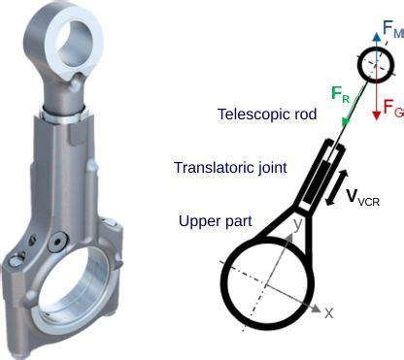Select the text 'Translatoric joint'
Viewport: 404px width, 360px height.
pyautogui.click(x=229, y=167)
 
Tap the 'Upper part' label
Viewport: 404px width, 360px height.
pyautogui.click(x=215, y=221)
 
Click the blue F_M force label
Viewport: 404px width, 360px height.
pyautogui.click(x=392, y=33)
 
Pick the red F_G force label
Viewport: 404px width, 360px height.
pyautogui.click(x=392, y=109)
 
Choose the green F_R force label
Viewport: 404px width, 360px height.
pyautogui.click(x=341, y=94)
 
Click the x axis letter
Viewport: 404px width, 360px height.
pyautogui.click(x=329, y=312)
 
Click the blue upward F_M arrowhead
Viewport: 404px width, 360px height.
pyautogui.click(x=375, y=30)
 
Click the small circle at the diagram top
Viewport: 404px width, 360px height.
pyautogui.click(x=375, y=65)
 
